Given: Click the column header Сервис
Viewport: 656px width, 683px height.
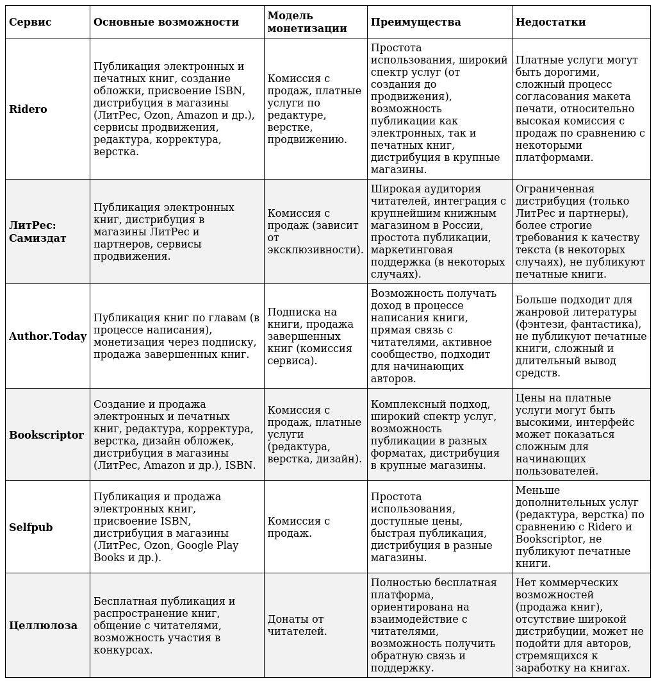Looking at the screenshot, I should point(30,22).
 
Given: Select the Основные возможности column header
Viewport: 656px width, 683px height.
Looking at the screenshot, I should point(166,22).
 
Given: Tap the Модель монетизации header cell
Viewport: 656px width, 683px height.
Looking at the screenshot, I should point(307,22).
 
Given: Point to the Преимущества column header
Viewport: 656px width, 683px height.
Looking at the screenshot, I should point(416,22).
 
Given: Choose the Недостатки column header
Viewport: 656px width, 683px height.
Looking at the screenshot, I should point(550,22).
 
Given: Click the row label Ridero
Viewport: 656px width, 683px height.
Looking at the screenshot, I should point(28,109).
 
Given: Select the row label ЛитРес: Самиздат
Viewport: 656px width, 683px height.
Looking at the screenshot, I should point(38,232).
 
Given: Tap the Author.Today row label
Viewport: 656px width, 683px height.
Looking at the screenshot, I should point(47,336).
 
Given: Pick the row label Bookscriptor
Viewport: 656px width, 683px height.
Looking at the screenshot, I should point(46,435).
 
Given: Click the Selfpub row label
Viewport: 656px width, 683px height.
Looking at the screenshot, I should point(31,527).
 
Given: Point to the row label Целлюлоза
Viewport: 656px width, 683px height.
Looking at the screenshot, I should point(43,625).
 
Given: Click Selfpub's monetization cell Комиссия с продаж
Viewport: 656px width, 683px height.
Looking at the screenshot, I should point(299,527).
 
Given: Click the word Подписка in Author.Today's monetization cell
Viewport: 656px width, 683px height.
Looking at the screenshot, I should point(292,312).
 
